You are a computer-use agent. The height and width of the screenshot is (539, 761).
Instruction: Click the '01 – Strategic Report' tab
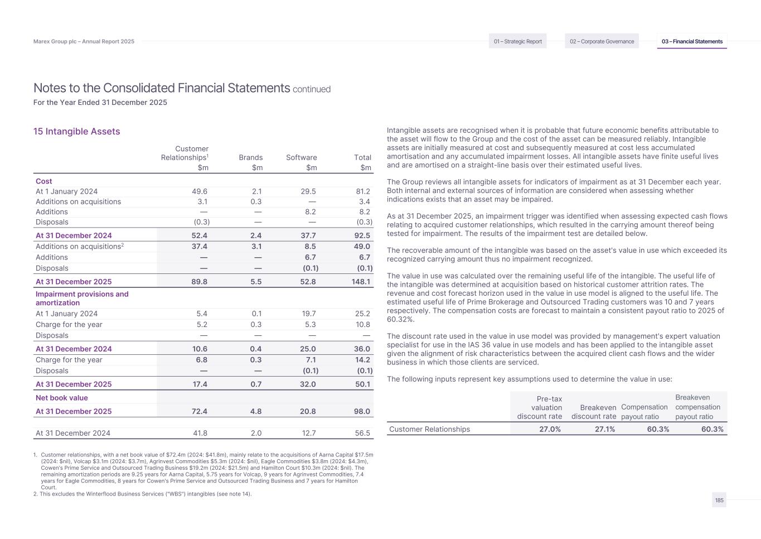(x=517, y=41)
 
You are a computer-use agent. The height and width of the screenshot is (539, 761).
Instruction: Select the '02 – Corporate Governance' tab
(x=602, y=41)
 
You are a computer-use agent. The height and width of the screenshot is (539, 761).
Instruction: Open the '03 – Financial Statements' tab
(x=692, y=41)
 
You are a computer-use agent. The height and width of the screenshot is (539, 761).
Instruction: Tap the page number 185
(x=719, y=501)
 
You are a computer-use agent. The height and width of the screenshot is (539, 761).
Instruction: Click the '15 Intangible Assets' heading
(x=77, y=132)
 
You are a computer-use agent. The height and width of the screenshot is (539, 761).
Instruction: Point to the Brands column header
(x=251, y=157)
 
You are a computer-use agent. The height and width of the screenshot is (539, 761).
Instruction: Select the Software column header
(x=301, y=157)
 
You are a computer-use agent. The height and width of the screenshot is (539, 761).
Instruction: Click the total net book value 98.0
(x=362, y=411)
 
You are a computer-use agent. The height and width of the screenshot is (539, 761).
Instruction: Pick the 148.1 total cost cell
(x=361, y=282)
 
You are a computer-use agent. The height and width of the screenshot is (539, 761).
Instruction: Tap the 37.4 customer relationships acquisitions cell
(x=200, y=246)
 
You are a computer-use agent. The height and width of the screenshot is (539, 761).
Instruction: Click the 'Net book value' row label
(x=62, y=398)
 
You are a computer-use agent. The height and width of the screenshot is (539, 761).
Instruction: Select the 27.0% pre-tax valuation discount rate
(x=550, y=429)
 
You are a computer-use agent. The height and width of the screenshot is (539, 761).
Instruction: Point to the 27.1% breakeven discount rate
(x=604, y=429)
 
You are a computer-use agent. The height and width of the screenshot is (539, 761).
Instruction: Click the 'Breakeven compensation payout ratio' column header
(x=697, y=407)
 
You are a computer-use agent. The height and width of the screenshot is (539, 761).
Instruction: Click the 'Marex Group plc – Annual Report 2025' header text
(x=84, y=41)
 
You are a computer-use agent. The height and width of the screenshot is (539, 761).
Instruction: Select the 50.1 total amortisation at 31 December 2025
(x=362, y=384)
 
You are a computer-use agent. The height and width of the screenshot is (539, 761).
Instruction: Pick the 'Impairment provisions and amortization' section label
(x=82, y=298)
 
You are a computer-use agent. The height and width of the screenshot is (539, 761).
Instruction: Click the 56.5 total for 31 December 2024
(x=362, y=433)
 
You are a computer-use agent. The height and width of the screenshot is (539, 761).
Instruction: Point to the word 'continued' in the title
(x=312, y=89)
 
